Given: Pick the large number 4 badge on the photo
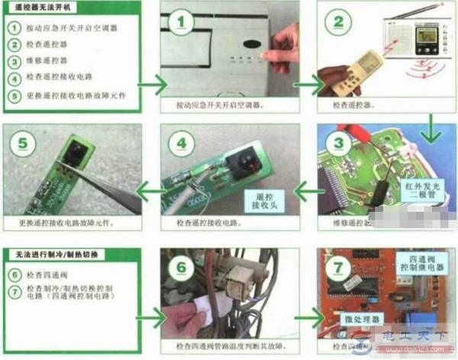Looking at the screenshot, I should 181,145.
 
